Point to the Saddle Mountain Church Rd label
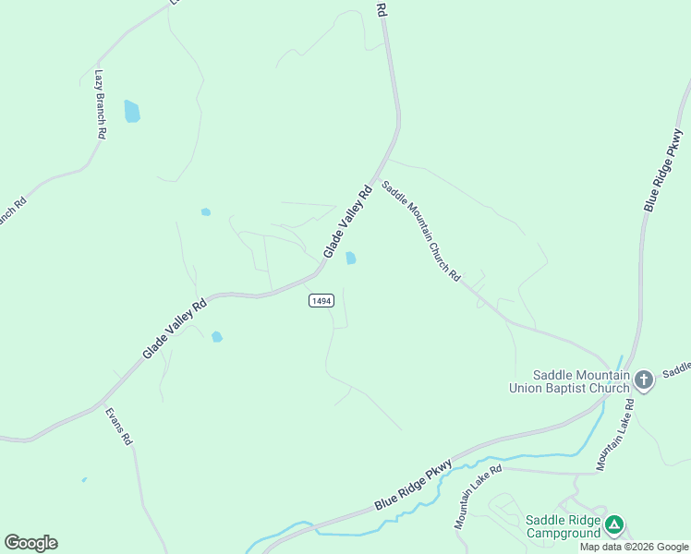[421, 230]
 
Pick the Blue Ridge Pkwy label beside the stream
[413, 486]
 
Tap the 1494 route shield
[321, 301]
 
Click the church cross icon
[644, 379]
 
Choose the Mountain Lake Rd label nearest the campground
[478, 497]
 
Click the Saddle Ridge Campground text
[563, 525]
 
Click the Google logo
[30, 543]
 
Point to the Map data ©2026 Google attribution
[634, 547]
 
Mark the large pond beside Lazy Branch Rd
[132, 112]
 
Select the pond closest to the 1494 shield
[351, 259]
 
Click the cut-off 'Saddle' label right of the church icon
[676, 368]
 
